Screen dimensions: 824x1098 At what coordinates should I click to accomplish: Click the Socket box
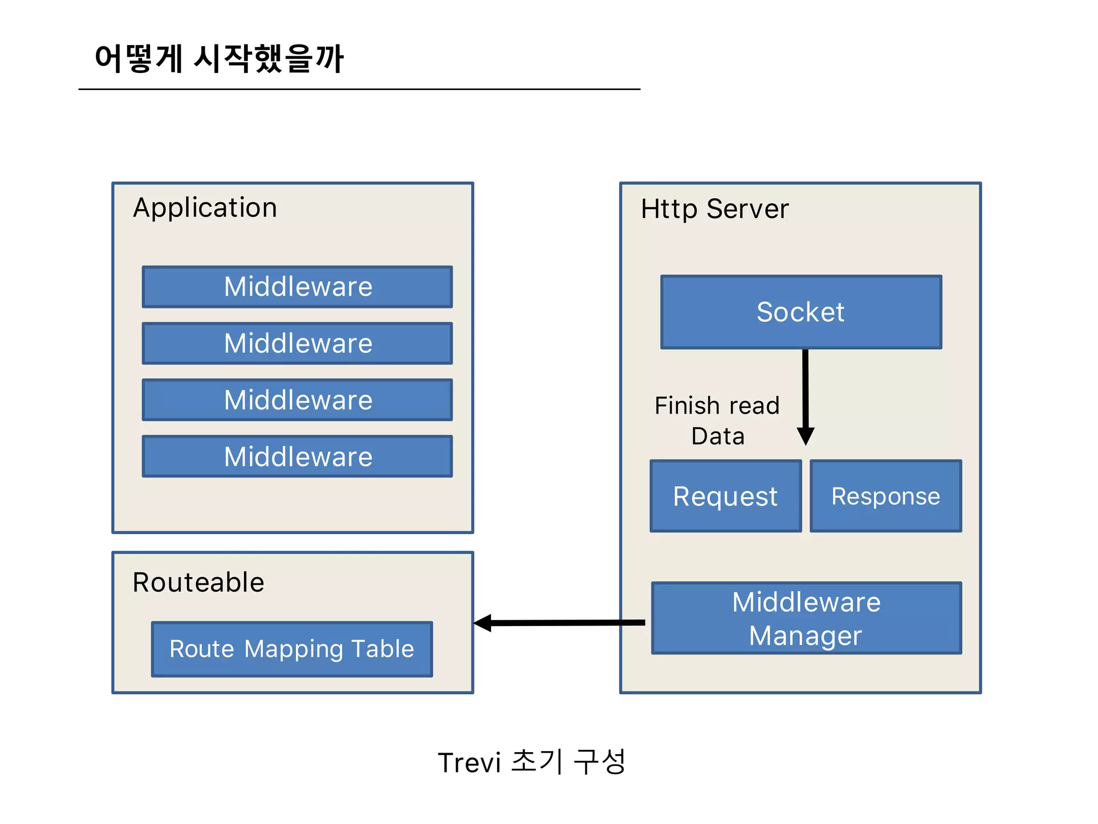[801, 312]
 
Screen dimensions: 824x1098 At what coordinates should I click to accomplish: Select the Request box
[725, 496]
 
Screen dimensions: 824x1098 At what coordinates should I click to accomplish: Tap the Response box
[886, 496]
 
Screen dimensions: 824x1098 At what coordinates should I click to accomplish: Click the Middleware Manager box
[806, 618]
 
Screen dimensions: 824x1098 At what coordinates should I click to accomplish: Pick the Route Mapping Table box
[292, 649]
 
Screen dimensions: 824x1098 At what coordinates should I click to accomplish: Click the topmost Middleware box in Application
[297, 287]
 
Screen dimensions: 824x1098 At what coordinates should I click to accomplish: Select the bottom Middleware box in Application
[297, 457]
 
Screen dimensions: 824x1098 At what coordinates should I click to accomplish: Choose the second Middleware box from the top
[297, 343]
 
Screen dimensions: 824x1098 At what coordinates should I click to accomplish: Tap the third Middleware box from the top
[297, 400]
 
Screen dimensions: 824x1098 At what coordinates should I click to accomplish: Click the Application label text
[205, 208]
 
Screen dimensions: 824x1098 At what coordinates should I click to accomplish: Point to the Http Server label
[715, 209]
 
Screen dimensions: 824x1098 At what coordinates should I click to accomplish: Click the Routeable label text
[198, 583]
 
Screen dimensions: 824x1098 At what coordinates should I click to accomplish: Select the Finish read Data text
[717, 421]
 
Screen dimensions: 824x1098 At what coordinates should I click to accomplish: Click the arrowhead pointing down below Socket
[805, 436]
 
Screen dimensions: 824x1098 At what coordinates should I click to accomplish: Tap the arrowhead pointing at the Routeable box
[483, 623]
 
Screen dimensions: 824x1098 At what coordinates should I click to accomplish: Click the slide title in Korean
[219, 58]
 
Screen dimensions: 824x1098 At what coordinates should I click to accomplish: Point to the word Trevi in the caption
[469, 763]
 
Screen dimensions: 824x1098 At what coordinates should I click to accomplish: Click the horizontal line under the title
[359, 89]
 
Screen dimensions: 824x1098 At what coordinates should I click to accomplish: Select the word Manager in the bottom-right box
[805, 636]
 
